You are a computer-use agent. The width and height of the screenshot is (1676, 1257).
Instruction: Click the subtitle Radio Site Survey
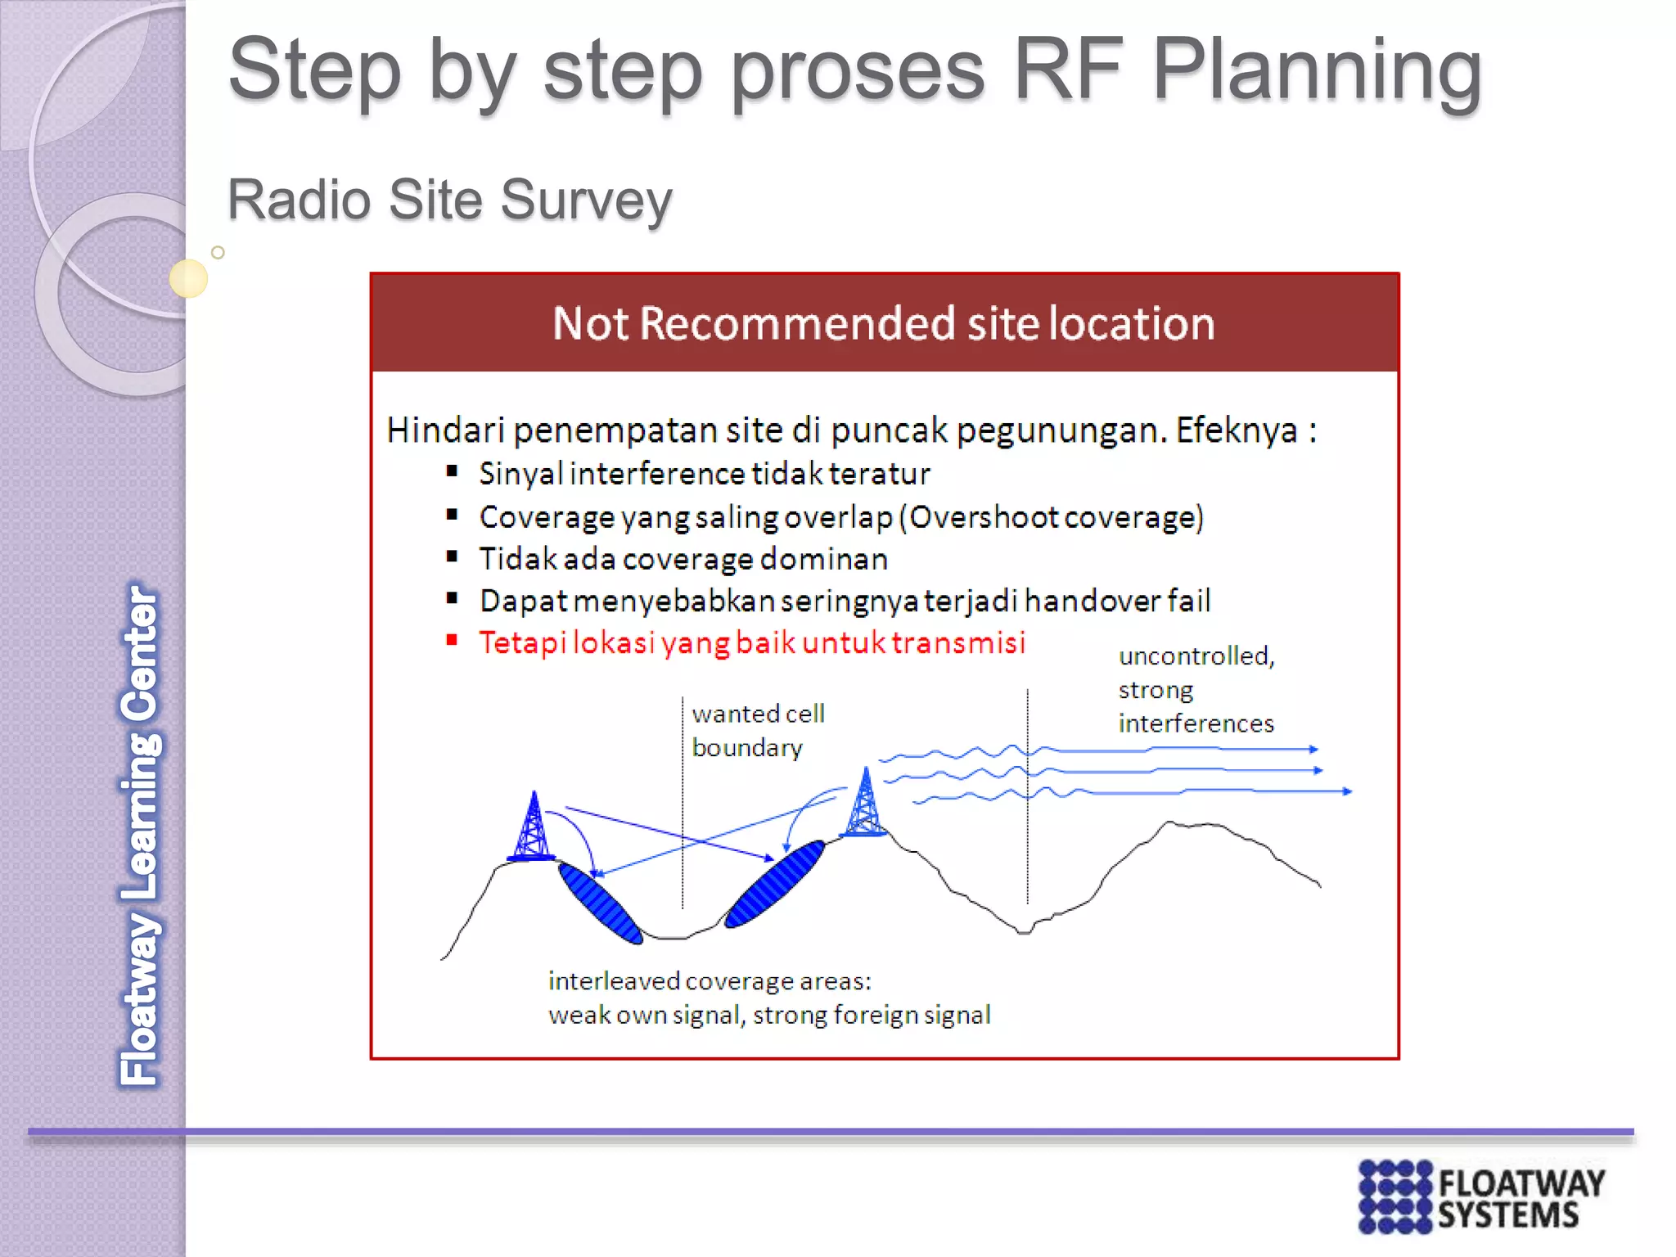(449, 200)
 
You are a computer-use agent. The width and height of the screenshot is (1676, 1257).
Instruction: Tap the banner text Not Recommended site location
(883, 323)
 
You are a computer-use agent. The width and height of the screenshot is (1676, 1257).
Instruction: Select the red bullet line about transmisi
(751, 642)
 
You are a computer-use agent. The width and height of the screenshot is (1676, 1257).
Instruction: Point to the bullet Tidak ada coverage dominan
(683, 559)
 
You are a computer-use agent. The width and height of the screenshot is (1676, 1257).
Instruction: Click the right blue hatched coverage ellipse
(774, 885)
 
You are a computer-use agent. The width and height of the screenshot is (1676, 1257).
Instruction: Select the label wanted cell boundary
(757, 731)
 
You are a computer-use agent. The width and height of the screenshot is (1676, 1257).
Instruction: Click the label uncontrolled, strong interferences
(1196, 690)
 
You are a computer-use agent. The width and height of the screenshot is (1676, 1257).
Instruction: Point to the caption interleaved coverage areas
(710, 980)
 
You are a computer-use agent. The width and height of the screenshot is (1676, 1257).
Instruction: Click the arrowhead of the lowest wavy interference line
(1346, 791)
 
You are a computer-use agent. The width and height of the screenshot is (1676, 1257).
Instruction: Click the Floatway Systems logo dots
(1394, 1196)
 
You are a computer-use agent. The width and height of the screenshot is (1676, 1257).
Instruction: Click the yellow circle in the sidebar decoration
(188, 278)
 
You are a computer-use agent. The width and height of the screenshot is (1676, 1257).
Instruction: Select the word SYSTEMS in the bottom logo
(1507, 1216)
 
